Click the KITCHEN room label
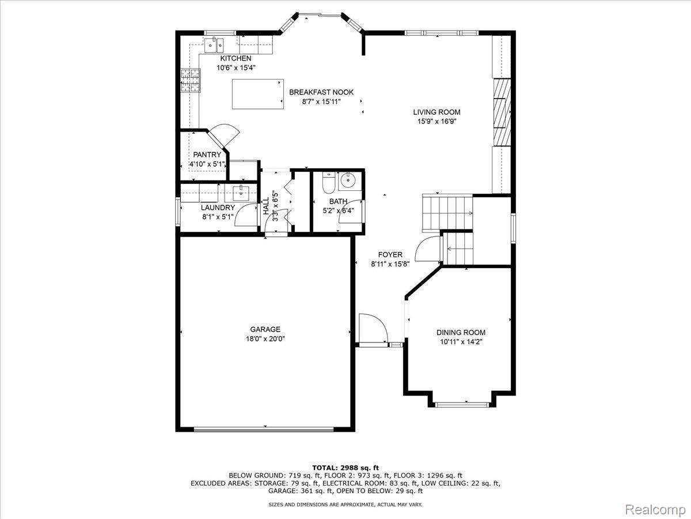236,58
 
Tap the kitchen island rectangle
258,94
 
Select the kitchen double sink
215,43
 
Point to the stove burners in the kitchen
191,80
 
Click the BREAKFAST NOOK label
321,92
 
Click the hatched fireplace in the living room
502,112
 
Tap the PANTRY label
207,155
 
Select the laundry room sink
241,191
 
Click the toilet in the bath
328,183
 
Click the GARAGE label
265,329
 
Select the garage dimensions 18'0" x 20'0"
265,339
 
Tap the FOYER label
390,254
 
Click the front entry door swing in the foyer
372,329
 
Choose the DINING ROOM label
461,332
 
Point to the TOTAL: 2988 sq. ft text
345,467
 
